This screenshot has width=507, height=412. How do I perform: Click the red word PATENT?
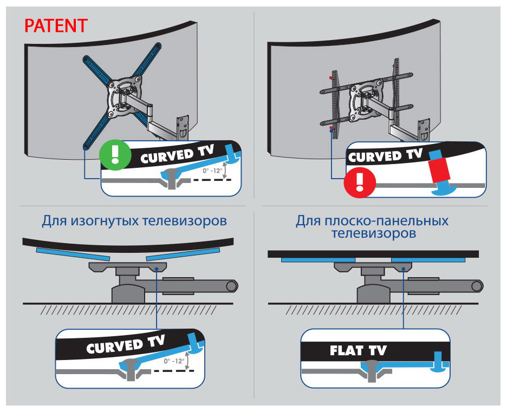[x=56, y=26]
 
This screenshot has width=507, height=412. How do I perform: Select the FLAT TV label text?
[x=358, y=350]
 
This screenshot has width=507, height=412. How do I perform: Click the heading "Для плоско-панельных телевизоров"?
[x=372, y=227]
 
